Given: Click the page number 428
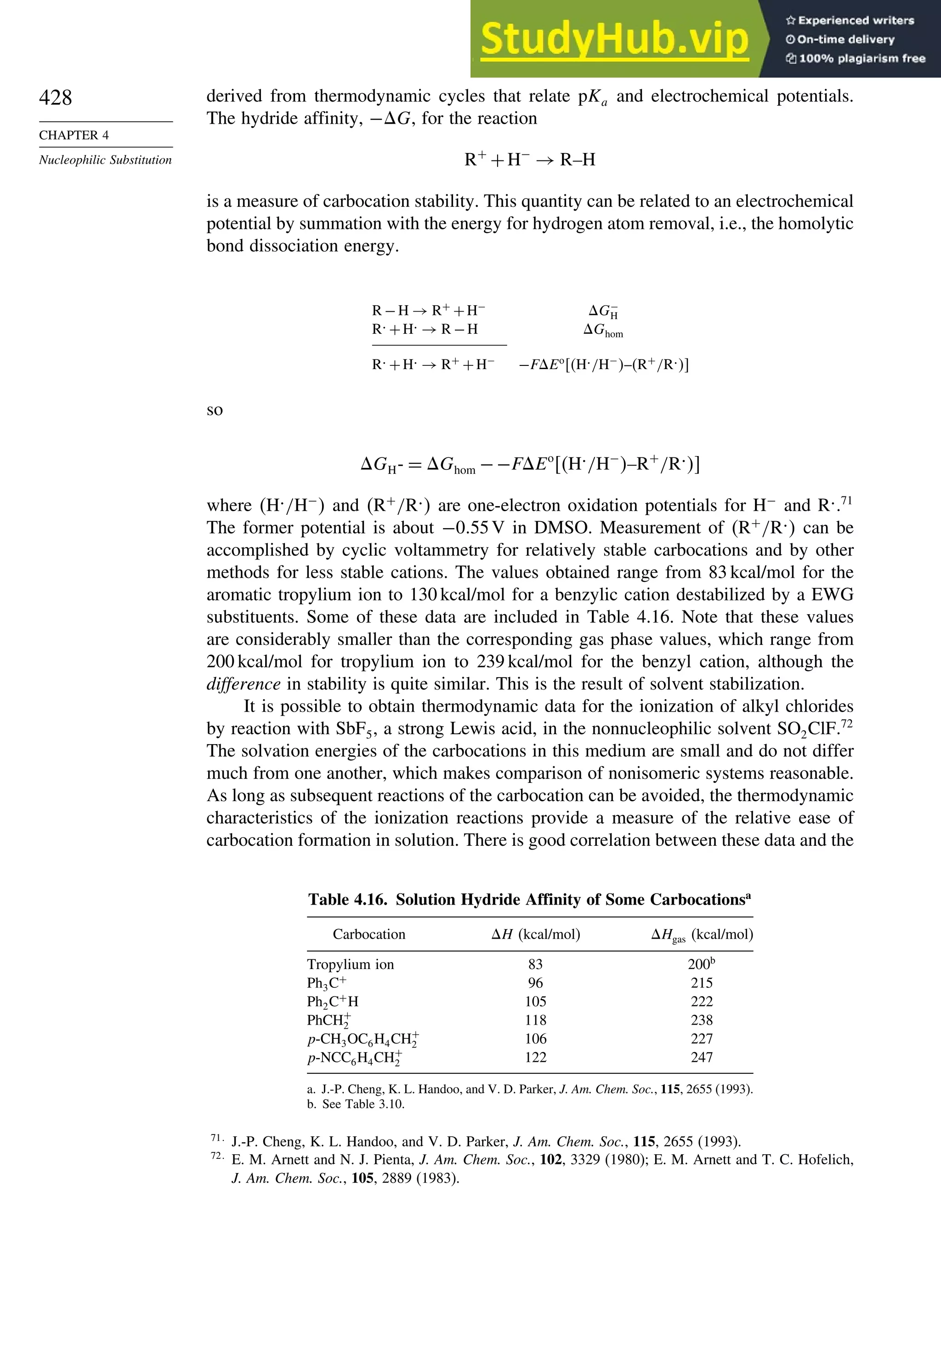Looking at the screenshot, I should click(55, 98).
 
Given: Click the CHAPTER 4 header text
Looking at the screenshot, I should click(74, 135).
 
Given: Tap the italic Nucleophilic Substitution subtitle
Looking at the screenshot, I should click(105, 160).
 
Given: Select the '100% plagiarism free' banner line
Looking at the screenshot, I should click(856, 58).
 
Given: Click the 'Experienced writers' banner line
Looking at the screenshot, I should click(850, 21).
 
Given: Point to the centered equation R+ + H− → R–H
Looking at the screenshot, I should click(529, 160).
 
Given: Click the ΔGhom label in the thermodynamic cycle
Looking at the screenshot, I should click(603, 331).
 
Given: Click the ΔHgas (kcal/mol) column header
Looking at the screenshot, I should click(702, 935).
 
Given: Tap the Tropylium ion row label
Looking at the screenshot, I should click(350, 964).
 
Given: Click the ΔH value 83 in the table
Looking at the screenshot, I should click(535, 964).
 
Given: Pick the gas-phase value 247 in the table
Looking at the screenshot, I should click(702, 1057).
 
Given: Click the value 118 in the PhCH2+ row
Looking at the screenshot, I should click(535, 1020).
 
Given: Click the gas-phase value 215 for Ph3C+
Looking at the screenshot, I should click(702, 983).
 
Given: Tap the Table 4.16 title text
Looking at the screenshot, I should click(529, 900).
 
